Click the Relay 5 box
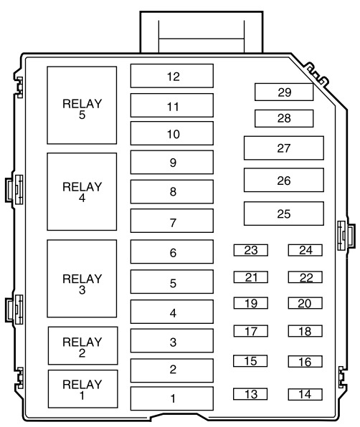pos(82,105)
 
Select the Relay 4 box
pos(82,192)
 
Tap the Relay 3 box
pos(82,279)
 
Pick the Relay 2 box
pos(83,345)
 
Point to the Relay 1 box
pos(83,389)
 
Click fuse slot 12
pos(172,76)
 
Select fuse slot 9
pos(172,163)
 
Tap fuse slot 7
pos(172,221)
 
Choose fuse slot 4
pos(172,312)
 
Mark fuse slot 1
pos(172,398)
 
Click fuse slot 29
pos(284,92)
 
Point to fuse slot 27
pos(284,148)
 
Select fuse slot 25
pos(284,214)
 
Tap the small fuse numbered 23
pos(251,250)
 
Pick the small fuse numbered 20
pos(305,303)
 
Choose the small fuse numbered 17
pos(251,331)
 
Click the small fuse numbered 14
pos(305,394)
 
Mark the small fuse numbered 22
pos(305,277)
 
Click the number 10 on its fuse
pos(174,134)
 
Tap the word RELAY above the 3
pos(82,279)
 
